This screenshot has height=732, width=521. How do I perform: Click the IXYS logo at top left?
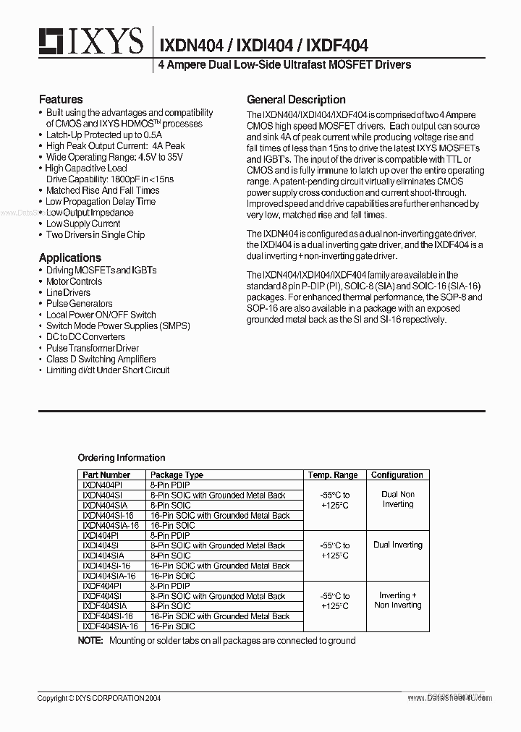pyautogui.click(x=90, y=43)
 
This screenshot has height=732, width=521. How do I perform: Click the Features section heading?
pyautogui.click(x=61, y=99)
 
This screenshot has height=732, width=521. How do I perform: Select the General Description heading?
pyautogui.click(x=296, y=100)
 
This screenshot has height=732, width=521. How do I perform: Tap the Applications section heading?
pyautogui.click(x=70, y=258)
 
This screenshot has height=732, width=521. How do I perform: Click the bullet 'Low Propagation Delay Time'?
pyautogui.click(x=101, y=202)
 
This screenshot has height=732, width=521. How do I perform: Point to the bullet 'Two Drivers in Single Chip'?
pyautogui.click(x=95, y=235)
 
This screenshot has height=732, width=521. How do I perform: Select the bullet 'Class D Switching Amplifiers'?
pyautogui.click(x=101, y=359)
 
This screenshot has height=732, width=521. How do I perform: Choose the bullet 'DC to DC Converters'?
pyautogui.click(x=85, y=337)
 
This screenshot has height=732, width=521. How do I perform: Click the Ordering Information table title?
pyautogui.click(x=121, y=458)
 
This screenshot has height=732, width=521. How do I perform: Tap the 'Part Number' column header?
pyautogui.click(x=106, y=475)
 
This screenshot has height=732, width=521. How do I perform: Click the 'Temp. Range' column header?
pyautogui.click(x=333, y=475)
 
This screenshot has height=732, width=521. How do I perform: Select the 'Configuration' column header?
pyautogui.click(x=397, y=475)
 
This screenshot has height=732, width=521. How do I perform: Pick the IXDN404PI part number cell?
pyautogui.click(x=102, y=485)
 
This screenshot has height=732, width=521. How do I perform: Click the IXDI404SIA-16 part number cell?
pyautogui.click(x=109, y=576)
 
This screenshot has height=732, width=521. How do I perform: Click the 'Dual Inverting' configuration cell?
pyautogui.click(x=397, y=545)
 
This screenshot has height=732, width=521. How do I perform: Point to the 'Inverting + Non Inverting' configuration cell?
pyautogui.click(x=397, y=600)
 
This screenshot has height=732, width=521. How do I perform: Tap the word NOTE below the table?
pyautogui.click(x=90, y=641)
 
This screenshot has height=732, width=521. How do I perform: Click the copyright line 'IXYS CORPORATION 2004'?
pyautogui.click(x=99, y=698)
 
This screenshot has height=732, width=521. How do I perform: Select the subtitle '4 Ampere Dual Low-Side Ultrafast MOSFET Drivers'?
pyautogui.click(x=284, y=65)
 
